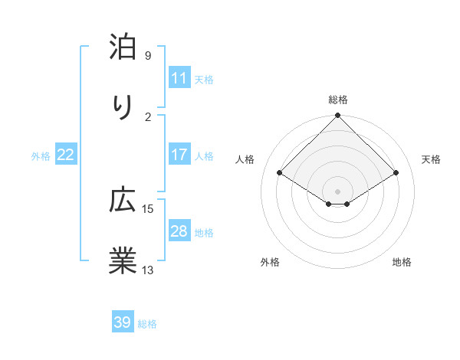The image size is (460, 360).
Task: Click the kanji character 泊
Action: pyautogui.click(x=123, y=47)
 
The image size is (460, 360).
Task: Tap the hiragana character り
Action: pyautogui.click(x=123, y=109)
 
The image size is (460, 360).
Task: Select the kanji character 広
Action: pyautogui.click(x=123, y=201)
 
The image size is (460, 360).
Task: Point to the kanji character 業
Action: pyautogui.click(x=123, y=260)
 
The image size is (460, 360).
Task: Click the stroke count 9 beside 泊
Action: pyautogui.click(x=147, y=56)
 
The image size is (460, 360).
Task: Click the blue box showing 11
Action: pyautogui.click(x=179, y=78)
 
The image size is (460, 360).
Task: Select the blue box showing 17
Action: pyautogui.click(x=179, y=155)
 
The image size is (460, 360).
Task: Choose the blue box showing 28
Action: pyautogui.click(x=179, y=231)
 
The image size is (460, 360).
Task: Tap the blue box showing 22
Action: pyautogui.click(x=65, y=155)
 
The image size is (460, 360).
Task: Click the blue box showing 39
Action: pyautogui.click(x=122, y=322)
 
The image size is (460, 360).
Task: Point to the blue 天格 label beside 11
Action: pyautogui.click(x=204, y=79)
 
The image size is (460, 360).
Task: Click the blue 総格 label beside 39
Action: pyautogui.click(x=147, y=323)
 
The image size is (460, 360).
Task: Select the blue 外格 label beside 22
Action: pyautogui.click(x=41, y=155)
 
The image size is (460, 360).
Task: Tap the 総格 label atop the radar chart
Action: pyautogui.click(x=337, y=100)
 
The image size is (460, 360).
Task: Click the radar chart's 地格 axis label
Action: pyautogui.click(x=402, y=262)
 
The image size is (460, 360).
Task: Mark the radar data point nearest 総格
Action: pyautogui.click(x=337, y=116)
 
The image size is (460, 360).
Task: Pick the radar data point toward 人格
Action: pyautogui.click(x=280, y=173)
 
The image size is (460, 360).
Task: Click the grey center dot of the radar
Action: pyautogui.click(x=337, y=191)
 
